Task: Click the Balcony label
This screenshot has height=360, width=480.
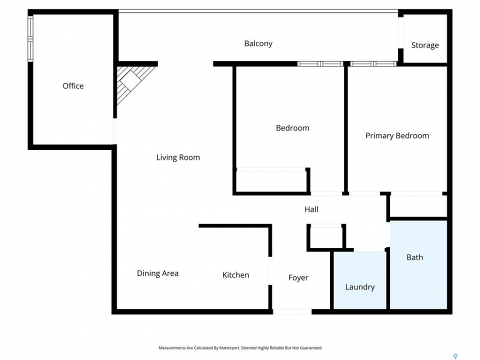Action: pyautogui.click(x=258, y=44)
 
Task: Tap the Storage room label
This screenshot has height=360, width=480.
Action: pyautogui.click(x=425, y=45)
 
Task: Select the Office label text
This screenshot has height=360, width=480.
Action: pyautogui.click(x=73, y=86)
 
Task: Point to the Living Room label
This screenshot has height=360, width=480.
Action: pyautogui.click(x=178, y=157)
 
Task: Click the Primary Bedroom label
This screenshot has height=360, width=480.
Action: pyautogui.click(x=397, y=135)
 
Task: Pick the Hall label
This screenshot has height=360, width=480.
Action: pyautogui.click(x=311, y=209)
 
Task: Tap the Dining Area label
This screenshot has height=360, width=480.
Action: pyautogui.click(x=157, y=273)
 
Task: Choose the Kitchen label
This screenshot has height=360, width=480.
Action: pyautogui.click(x=235, y=275)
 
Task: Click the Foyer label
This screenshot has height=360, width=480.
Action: pyautogui.click(x=298, y=277)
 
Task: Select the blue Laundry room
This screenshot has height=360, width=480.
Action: pyautogui.click(x=359, y=280)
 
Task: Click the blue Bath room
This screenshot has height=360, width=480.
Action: pyautogui.click(x=418, y=265)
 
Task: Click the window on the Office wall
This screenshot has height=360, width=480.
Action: pyautogui.click(x=30, y=38)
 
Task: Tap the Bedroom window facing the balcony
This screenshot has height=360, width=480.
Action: pyautogui.click(x=320, y=63)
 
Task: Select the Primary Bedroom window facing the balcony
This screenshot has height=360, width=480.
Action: pyautogui.click(x=373, y=63)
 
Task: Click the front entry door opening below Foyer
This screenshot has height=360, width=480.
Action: pyautogui.click(x=292, y=311)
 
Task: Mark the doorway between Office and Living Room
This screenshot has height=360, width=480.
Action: pyautogui.click(x=115, y=131)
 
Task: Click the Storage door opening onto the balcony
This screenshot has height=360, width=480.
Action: pyautogui.click(x=400, y=33)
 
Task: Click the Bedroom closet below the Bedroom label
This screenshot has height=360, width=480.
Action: pyautogui.click(x=271, y=181)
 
